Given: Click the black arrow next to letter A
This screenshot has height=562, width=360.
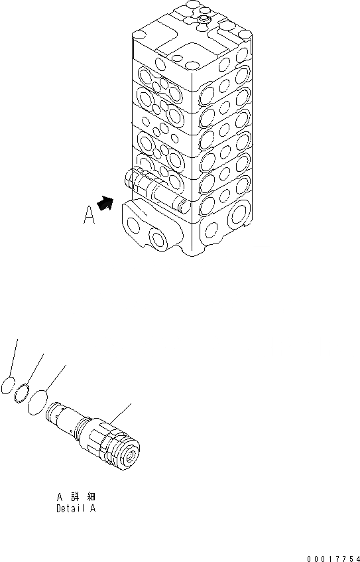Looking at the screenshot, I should point(105,198).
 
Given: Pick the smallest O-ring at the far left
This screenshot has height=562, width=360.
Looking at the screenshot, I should point(8,386).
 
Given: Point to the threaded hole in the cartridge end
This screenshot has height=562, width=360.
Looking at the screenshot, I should point(131,458).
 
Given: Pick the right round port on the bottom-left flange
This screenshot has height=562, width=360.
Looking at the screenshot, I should point(160,238).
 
